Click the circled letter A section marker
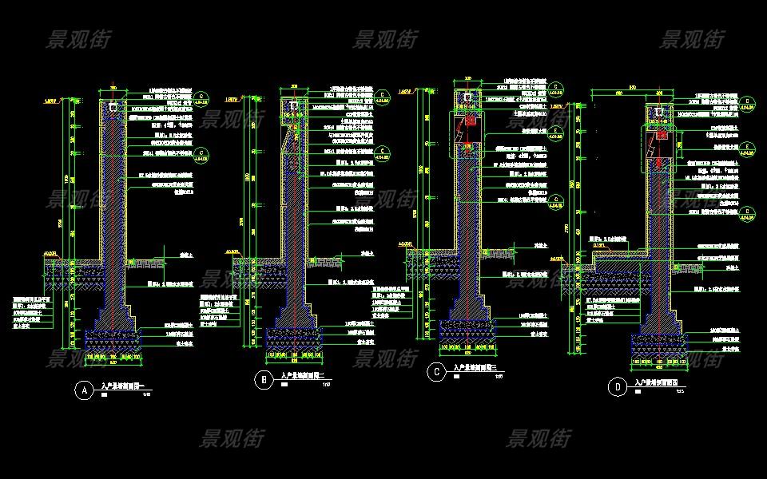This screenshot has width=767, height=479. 81,390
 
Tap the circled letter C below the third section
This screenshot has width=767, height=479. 436,371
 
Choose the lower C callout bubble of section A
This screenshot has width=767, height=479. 201,155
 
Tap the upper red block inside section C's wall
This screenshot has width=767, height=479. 470,122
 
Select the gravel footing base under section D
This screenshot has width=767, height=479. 660,344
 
